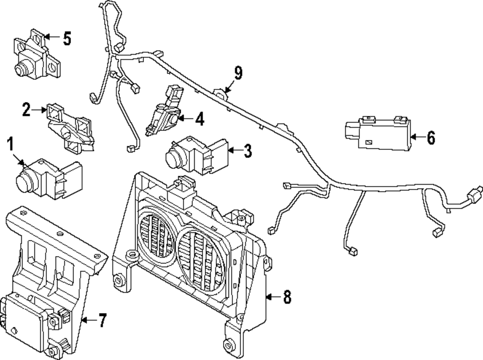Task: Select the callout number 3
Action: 247,151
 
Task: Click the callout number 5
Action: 67,38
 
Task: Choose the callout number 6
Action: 430,138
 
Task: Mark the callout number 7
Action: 102,320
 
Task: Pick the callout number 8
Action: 287,297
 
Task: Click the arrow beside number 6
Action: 416,138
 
